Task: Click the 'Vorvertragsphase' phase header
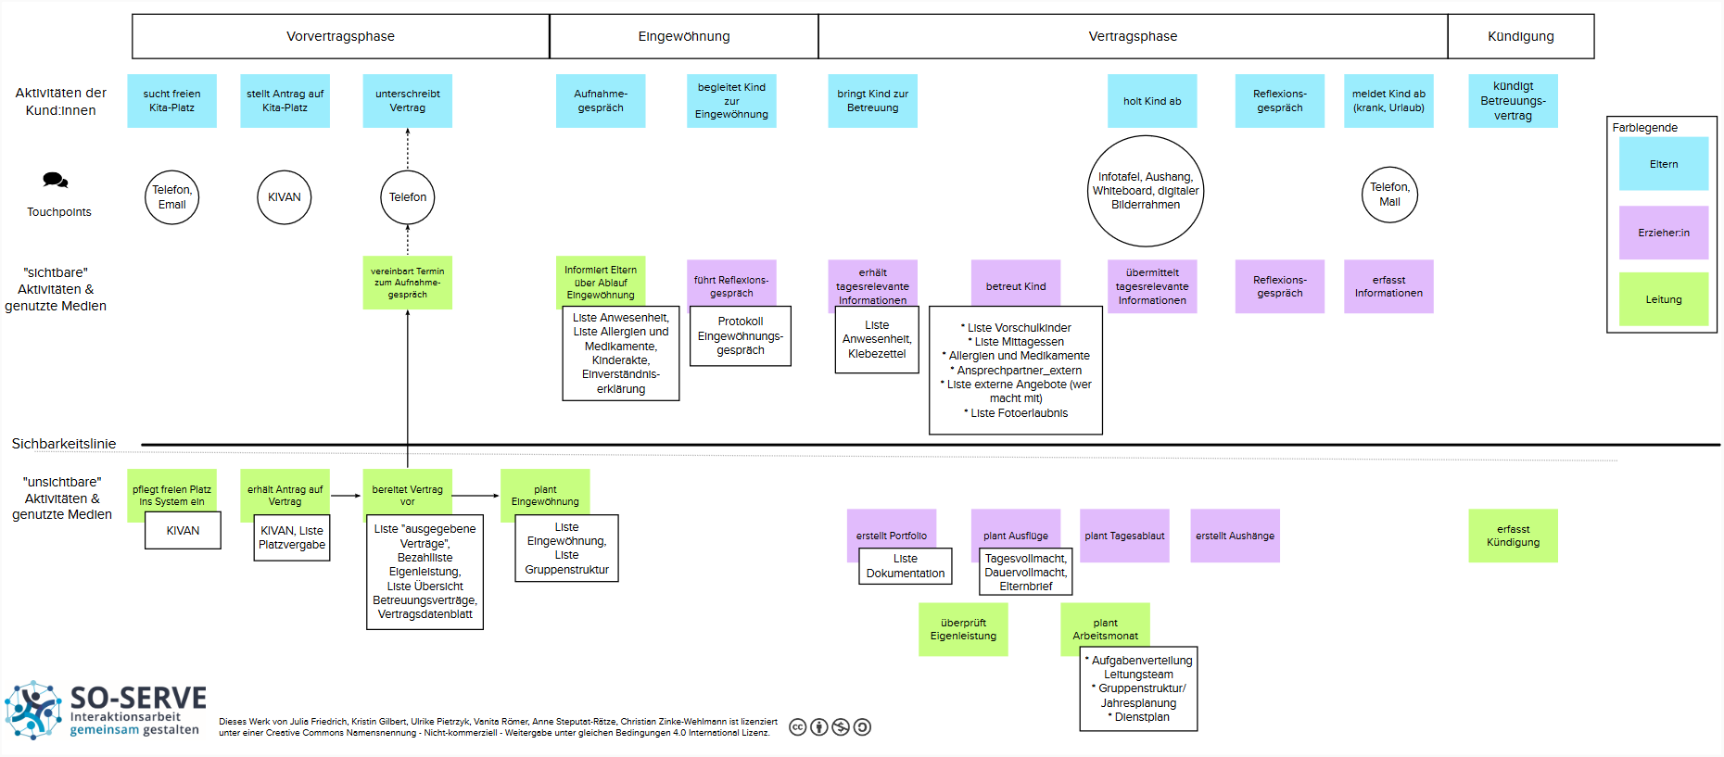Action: point(340,36)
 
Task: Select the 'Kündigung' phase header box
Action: point(1521,36)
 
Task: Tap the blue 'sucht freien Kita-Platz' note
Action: point(171,101)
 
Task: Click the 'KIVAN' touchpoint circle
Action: point(284,197)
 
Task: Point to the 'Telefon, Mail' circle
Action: point(1389,195)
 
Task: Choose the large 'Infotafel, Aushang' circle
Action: point(1146,191)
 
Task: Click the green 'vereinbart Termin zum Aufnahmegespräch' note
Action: point(407,283)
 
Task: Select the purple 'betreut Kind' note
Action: point(1016,286)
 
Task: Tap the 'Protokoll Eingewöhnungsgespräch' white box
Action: point(741,335)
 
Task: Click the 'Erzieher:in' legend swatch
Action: point(1664,233)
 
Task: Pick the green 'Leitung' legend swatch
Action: point(1664,299)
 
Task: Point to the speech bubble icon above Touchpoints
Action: point(56,180)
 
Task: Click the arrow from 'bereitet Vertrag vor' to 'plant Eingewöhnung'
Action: point(476,496)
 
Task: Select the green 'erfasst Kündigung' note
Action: point(1513,536)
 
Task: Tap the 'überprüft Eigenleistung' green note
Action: point(963,629)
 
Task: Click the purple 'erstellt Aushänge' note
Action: point(1235,536)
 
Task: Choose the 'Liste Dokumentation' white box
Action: point(906,566)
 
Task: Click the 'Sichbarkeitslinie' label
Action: point(64,444)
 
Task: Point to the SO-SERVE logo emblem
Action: point(33,710)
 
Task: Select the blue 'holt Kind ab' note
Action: point(1152,101)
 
